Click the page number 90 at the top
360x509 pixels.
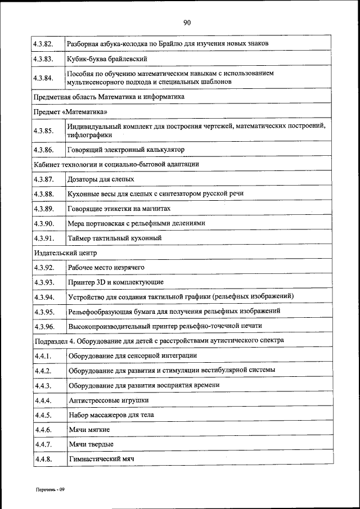(x=187, y=22)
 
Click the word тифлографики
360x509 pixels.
(x=89, y=135)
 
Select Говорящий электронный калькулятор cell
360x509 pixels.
(x=125, y=150)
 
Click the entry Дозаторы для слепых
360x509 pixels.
(x=101, y=179)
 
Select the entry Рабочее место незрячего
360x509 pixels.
(x=106, y=268)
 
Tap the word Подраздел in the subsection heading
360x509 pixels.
(x=51, y=340)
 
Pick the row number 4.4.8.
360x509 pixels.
(x=43, y=459)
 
